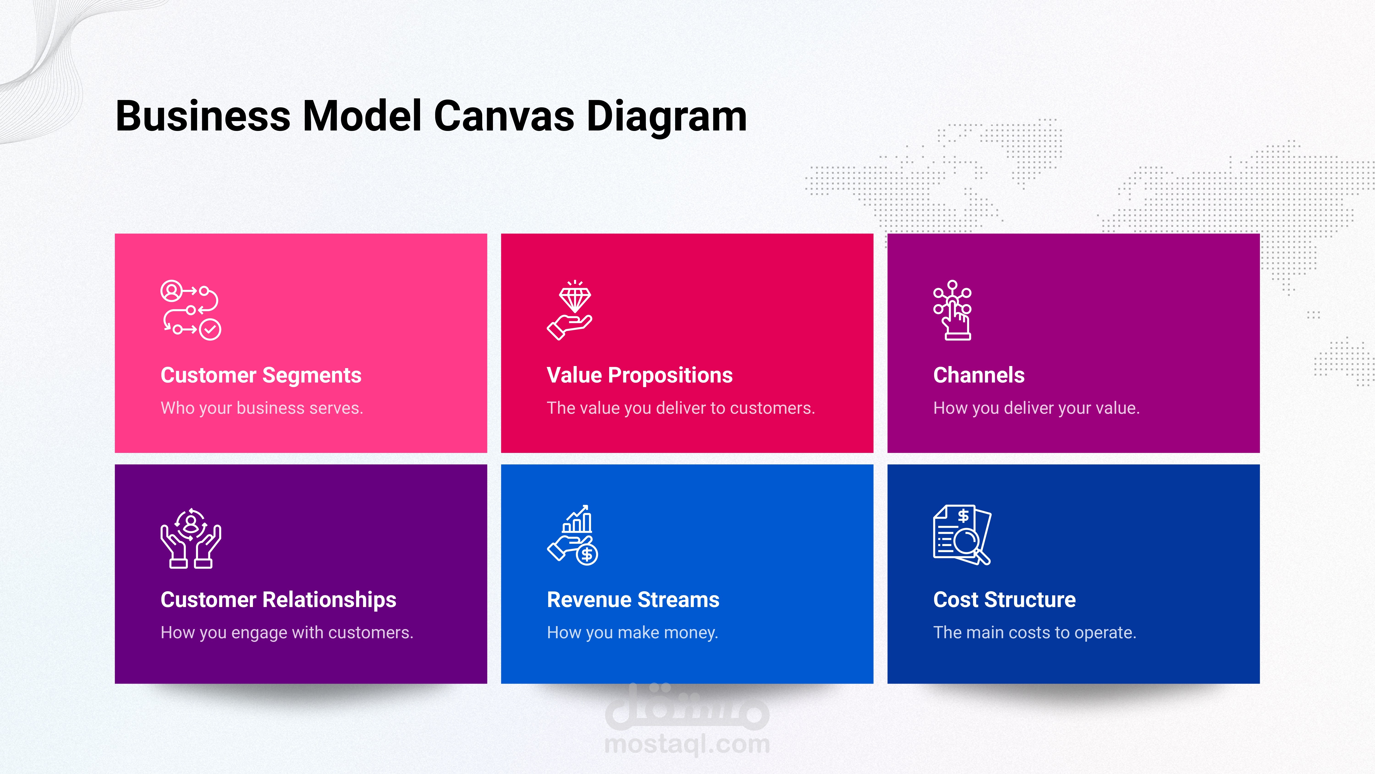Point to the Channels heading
pos(979,375)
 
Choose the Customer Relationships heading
pos(278,600)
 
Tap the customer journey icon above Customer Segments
pos(191,310)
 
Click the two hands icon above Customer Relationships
pos(191,538)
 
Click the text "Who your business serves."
pos(261,408)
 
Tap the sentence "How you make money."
pos(632,633)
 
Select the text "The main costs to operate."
pos(1034,633)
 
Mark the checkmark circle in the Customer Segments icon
pos(210,330)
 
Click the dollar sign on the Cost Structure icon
pos(963,516)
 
